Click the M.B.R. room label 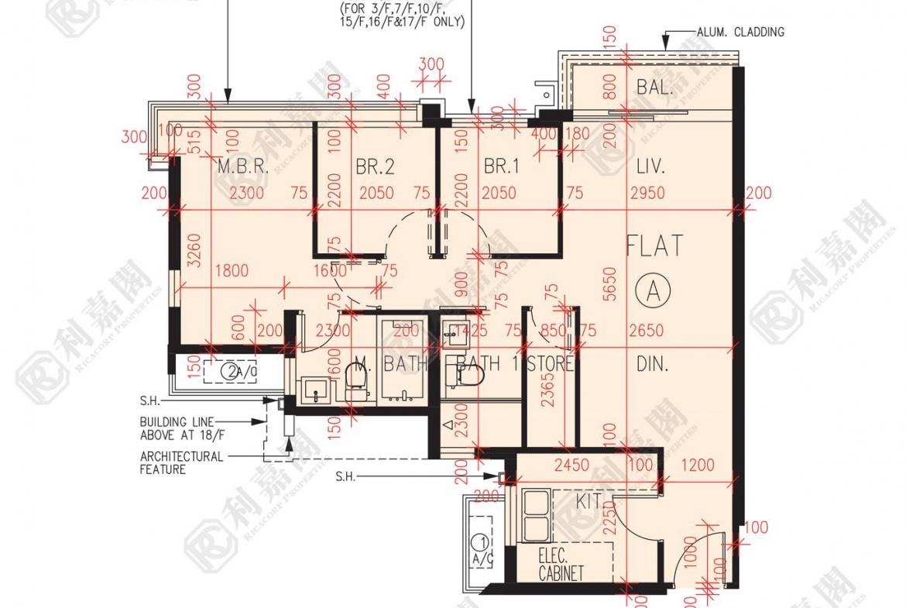point(242,167)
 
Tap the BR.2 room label point(376,167)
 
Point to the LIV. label point(650,167)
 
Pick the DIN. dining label point(652,363)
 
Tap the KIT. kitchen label point(590,501)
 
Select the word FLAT point(654,246)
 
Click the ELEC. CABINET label point(561,565)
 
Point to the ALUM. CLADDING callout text point(740,32)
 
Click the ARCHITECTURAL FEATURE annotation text point(181,462)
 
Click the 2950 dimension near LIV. point(647,193)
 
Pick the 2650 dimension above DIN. point(646,331)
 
